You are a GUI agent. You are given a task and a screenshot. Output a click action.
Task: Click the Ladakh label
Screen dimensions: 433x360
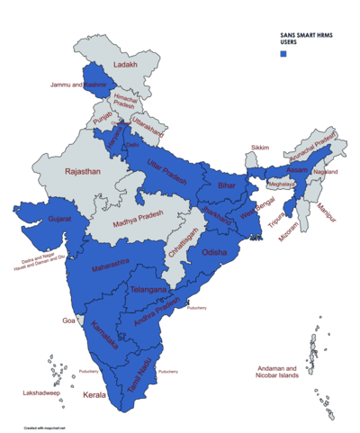point(125,65)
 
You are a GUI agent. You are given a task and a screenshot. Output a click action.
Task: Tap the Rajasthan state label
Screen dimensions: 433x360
point(78,170)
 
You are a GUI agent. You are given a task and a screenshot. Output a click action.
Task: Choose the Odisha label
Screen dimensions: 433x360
point(215,253)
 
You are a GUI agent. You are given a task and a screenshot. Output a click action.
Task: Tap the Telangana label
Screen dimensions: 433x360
point(148,290)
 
